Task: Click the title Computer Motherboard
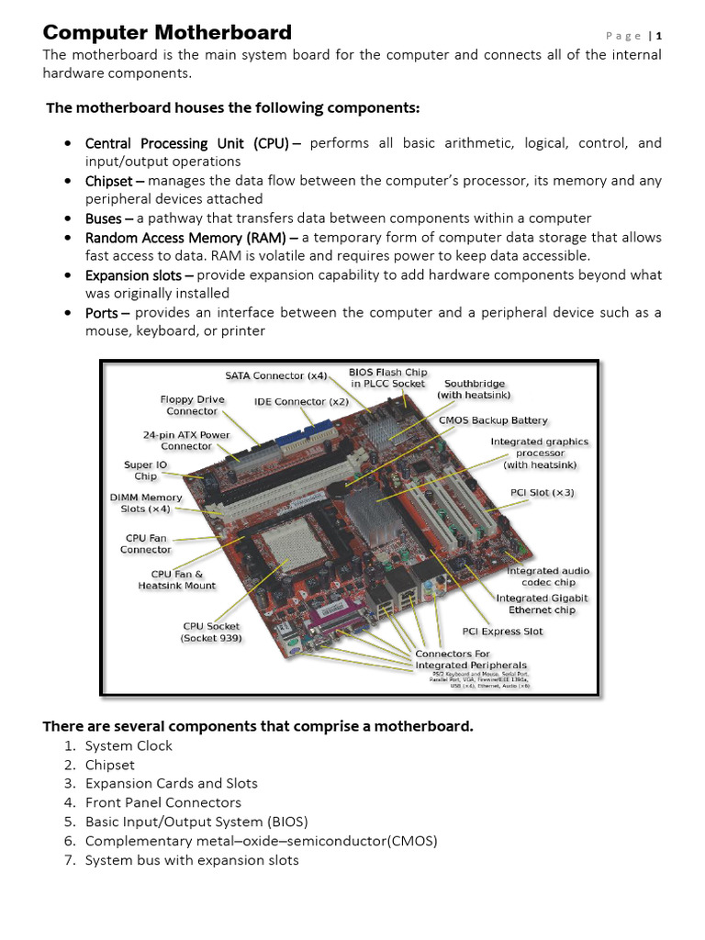pos(168,33)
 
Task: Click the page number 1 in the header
pos(658,36)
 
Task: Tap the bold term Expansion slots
pos(139,275)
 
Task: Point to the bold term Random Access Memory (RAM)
pos(197,238)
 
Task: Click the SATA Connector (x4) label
pos(276,375)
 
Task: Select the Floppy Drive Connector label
pos(192,406)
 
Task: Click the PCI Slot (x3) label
pos(543,493)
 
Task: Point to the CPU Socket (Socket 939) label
pos(212,632)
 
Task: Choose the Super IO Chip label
pos(145,471)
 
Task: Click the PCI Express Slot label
pos(502,632)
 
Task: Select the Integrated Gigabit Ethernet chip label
pos(543,604)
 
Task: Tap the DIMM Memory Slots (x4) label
pos(145,503)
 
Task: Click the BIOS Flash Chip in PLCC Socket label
pos(387,377)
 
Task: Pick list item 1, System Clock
pos(129,746)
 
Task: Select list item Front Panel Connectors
pos(162,803)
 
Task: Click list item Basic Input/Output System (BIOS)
pos(196,822)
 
